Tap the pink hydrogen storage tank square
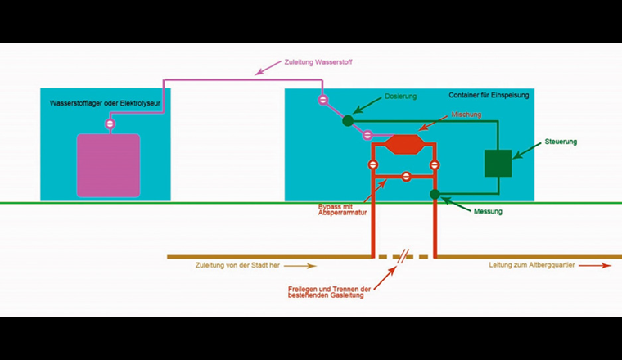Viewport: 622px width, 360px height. (x=109, y=165)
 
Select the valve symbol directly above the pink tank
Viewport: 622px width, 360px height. (x=109, y=124)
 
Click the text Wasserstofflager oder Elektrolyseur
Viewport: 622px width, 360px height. (x=105, y=104)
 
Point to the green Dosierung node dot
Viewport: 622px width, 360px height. (x=348, y=121)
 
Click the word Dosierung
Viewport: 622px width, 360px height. (x=400, y=97)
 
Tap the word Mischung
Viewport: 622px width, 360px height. (x=465, y=115)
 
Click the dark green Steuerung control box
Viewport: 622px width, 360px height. (x=498, y=163)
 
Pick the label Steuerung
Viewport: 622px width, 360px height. (x=561, y=142)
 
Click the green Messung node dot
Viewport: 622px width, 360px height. (x=435, y=194)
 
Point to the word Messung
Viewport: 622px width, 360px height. (x=488, y=212)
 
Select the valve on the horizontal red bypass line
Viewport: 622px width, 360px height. (x=405, y=176)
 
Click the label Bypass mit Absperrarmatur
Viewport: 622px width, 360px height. (x=341, y=210)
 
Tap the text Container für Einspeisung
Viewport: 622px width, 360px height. (x=489, y=96)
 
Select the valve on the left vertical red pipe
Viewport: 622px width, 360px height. (x=373, y=165)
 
